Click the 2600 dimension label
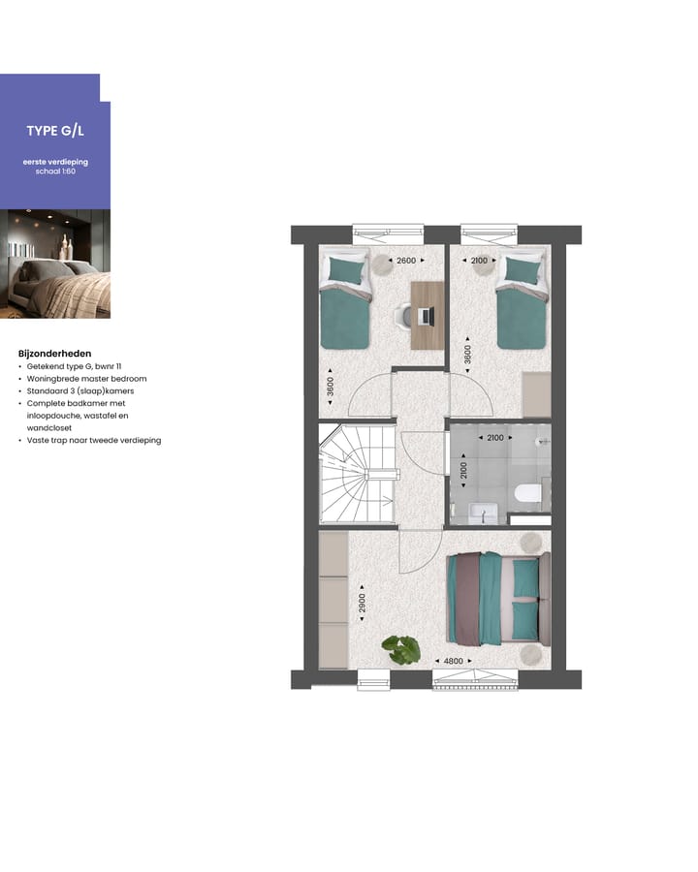tap(406, 261)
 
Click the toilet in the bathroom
tap(525, 493)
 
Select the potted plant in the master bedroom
tap(400, 649)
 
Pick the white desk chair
tap(404, 316)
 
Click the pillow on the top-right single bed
tap(521, 270)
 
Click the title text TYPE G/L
tap(54, 131)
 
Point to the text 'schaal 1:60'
tap(54, 171)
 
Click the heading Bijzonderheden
tap(54, 354)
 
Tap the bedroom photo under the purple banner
tap(54, 264)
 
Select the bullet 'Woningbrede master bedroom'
tap(86, 379)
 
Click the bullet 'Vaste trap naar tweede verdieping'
tap(93, 440)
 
